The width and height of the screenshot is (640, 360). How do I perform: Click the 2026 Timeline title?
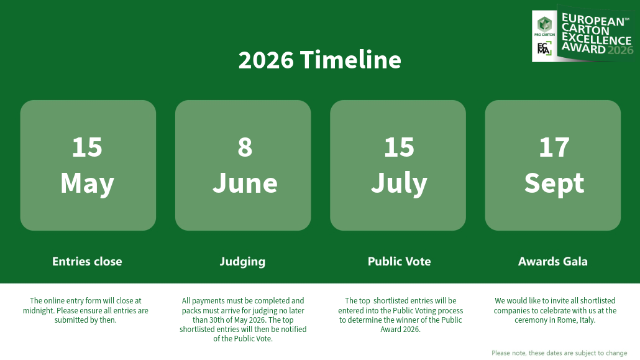[x=319, y=60]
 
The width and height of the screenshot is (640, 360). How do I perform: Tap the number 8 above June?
[x=245, y=147]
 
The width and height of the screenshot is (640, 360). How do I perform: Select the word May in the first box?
[x=87, y=183]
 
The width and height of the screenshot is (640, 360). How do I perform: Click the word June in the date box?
[x=245, y=183]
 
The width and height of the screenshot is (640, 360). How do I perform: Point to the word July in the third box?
[x=399, y=183]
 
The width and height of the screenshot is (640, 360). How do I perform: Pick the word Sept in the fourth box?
[x=554, y=183]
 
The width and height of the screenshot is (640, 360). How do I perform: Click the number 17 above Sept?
[x=554, y=147]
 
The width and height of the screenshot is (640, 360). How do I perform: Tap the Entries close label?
[x=87, y=261]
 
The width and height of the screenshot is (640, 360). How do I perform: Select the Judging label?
[x=242, y=261]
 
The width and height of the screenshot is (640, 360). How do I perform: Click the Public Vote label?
[x=399, y=261]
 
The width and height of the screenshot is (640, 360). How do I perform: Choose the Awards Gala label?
[x=552, y=261]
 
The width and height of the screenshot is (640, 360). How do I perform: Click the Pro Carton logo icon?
[x=544, y=24]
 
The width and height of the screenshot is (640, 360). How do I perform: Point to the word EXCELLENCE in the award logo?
[x=596, y=39]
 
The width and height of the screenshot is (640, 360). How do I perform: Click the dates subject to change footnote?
[x=559, y=353]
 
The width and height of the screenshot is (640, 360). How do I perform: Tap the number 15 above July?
[x=399, y=147]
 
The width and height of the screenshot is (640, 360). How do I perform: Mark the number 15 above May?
[x=87, y=147]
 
